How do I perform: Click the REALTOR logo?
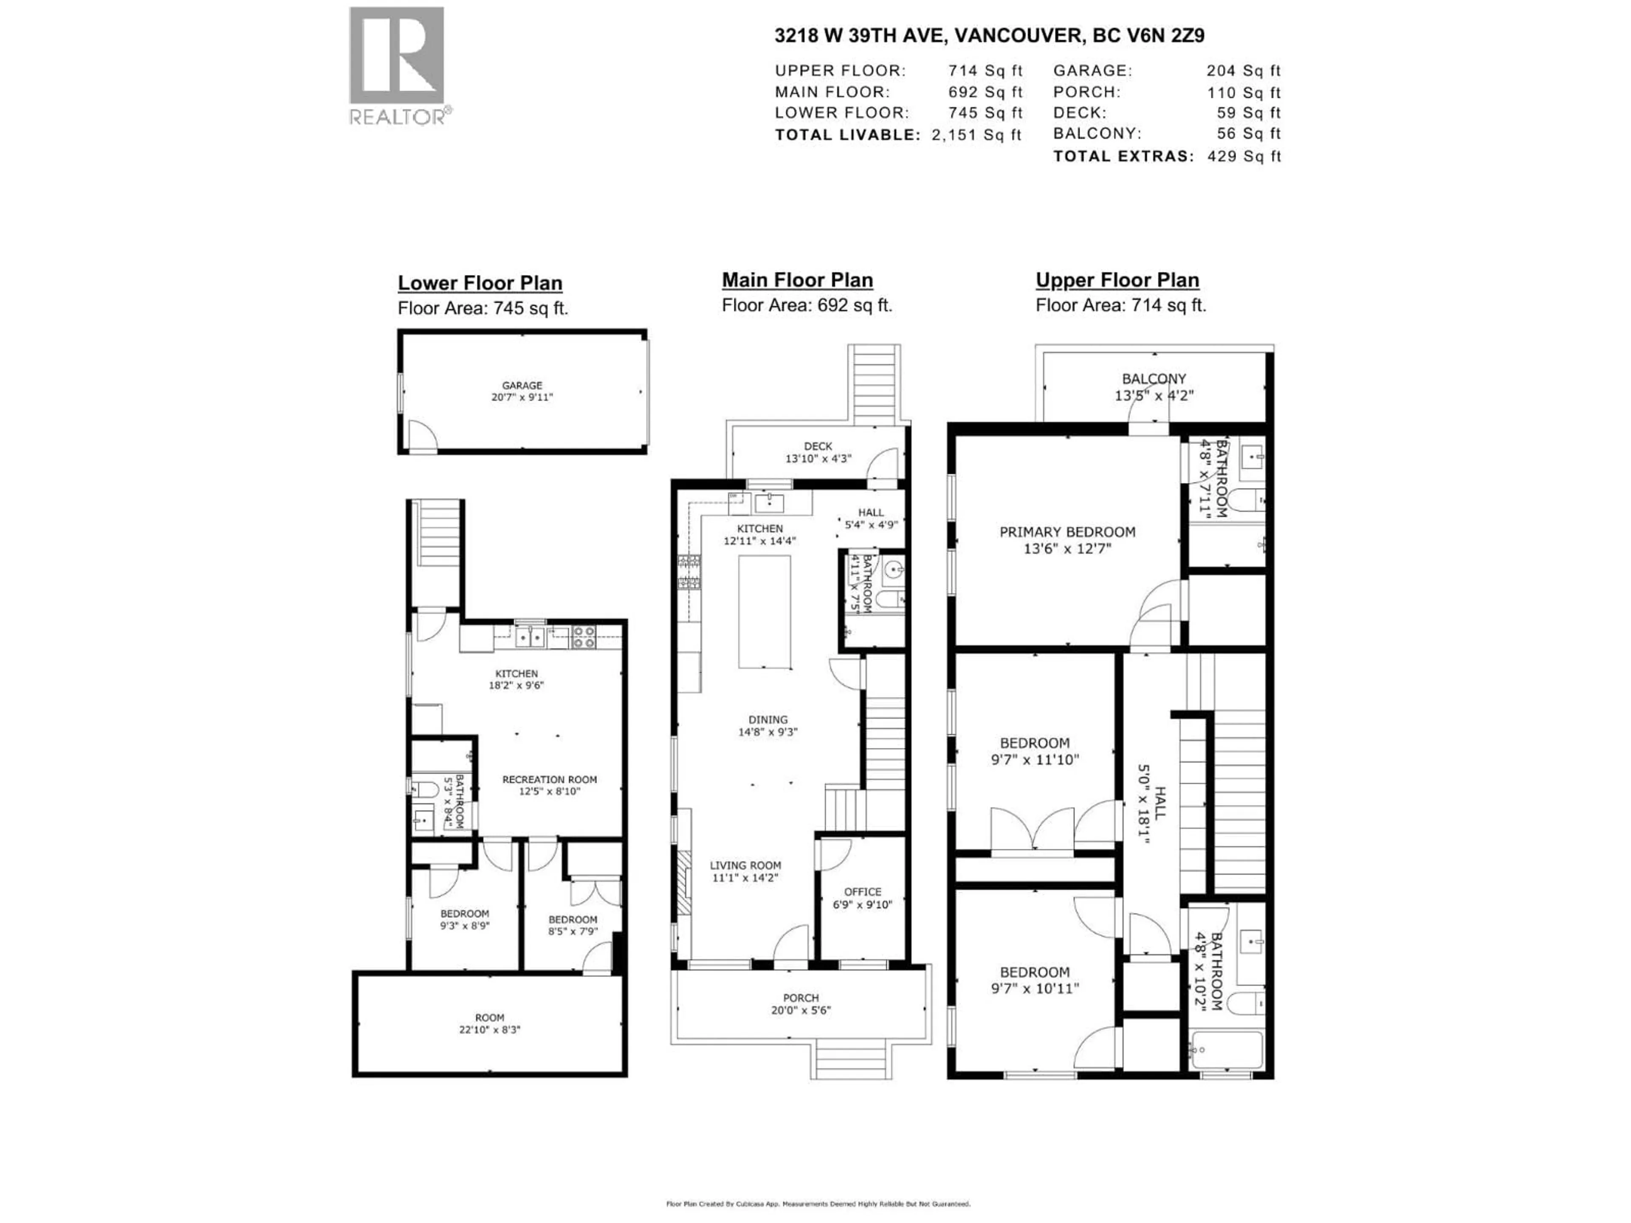[x=397, y=65]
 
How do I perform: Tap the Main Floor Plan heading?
[x=797, y=280]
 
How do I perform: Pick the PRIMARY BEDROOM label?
[x=1067, y=532]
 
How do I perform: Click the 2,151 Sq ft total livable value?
[x=976, y=135]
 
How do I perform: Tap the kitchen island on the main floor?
[x=765, y=612]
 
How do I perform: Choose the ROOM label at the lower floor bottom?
[x=490, y=1018]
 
